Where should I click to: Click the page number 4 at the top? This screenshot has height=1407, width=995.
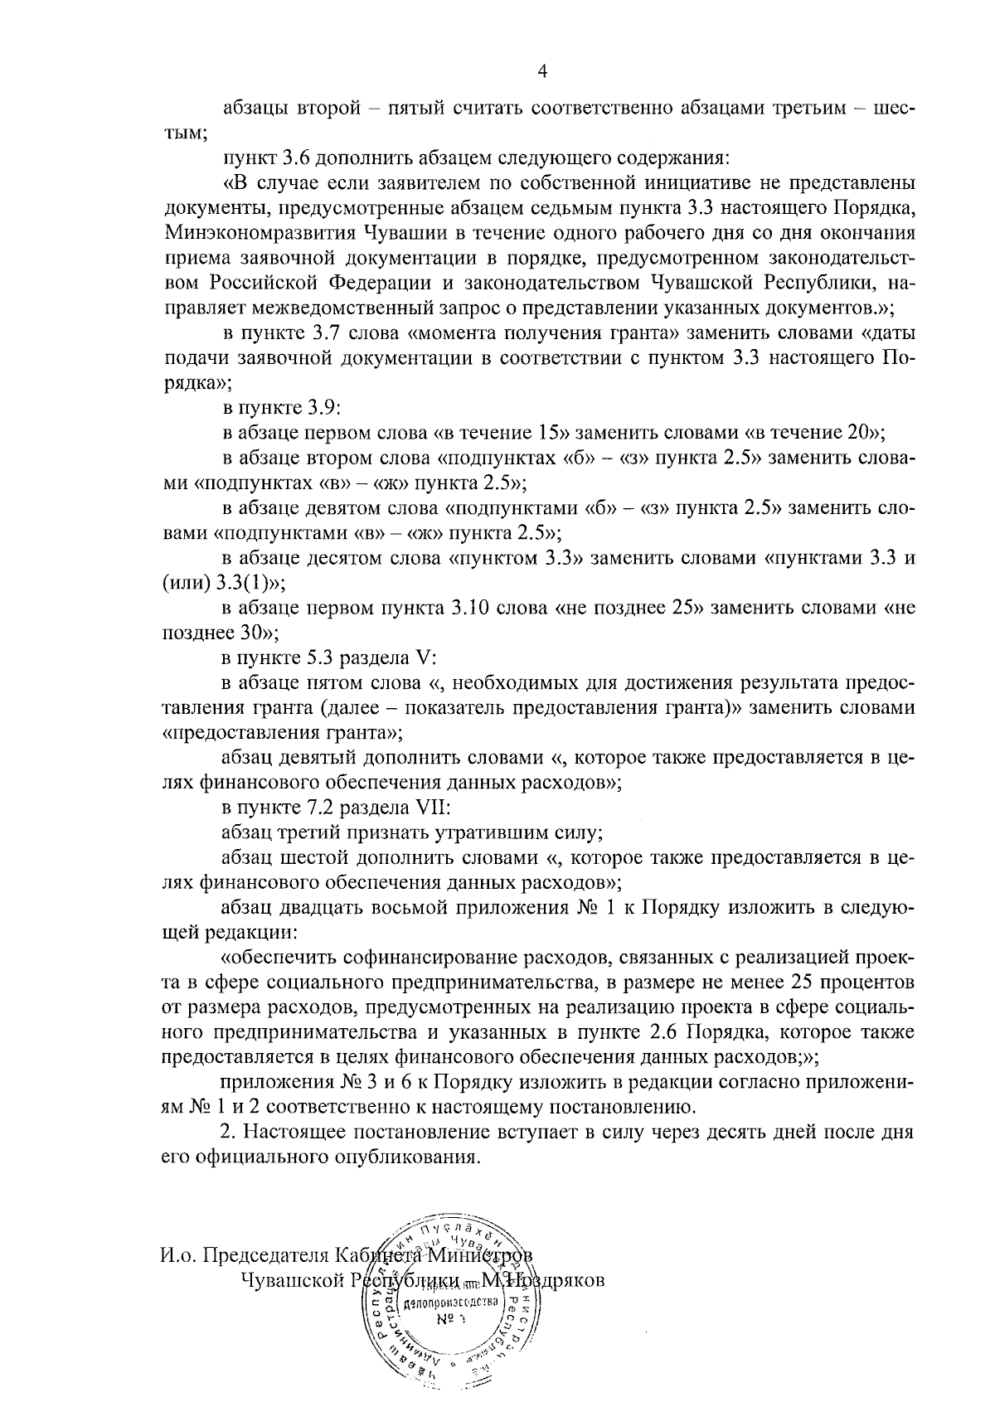coord(542,71)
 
